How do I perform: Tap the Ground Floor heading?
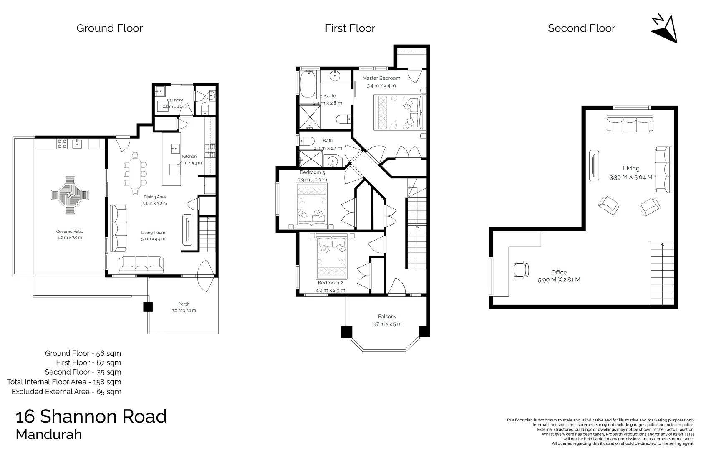pos(109,28)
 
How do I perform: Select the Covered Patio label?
pos(70,231)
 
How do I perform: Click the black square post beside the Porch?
pos(148,307)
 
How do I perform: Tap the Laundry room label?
pos(175,100)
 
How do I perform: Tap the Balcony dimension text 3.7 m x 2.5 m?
pos(387,324)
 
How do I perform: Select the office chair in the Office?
pos(520,269)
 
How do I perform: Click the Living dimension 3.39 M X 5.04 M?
pos(630,177)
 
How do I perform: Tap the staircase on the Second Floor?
pos(662,274)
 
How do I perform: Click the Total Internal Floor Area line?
pos(64,382)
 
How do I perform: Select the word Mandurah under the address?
pos(48,434)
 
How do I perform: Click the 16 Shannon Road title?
pos(91,417)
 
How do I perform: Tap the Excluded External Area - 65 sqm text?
pos(66,392)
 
